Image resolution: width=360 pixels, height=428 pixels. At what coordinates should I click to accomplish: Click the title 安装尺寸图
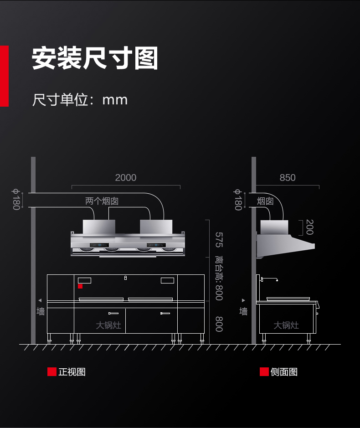pos(95,58)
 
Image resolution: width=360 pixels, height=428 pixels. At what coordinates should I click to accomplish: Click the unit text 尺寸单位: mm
pos(80,100)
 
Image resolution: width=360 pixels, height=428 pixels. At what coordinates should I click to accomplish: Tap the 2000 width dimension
pos(126,178)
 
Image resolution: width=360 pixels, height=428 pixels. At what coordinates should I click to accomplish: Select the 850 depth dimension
pos(288,178)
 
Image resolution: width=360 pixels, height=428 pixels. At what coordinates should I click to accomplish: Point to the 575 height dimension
pos(219,240)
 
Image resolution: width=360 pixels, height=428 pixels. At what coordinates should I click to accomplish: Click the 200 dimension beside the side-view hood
pos(309,227)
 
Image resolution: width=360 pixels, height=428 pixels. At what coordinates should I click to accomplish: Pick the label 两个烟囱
pos(102,201)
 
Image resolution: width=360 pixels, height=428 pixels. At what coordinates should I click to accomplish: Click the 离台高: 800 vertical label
pos(219,278)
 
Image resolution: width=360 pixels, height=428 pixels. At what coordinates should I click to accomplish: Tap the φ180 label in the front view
pos(16,200)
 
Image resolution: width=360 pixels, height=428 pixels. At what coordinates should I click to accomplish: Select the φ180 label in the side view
pos(238,200)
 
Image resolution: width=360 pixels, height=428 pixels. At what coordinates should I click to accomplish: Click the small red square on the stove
pos(80,286)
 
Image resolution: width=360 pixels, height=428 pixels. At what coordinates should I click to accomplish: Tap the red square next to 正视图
pos(52,372)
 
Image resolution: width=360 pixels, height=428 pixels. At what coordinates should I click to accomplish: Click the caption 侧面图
pos(284,372)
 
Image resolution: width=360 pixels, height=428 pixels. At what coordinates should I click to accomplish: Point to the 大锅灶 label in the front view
pos(108,325)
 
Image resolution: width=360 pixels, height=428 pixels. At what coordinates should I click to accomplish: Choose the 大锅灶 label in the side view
pos(286,325)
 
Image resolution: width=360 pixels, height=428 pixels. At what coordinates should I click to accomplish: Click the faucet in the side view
pos(269,279)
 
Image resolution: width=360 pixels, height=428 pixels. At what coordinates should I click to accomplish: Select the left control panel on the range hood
pos(99,245)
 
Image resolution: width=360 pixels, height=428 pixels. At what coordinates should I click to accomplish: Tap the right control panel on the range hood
pos(156,245)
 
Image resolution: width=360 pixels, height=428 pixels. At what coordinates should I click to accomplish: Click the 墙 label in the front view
pos(41,311)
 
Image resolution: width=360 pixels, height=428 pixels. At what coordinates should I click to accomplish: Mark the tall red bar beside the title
pos(5,76)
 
